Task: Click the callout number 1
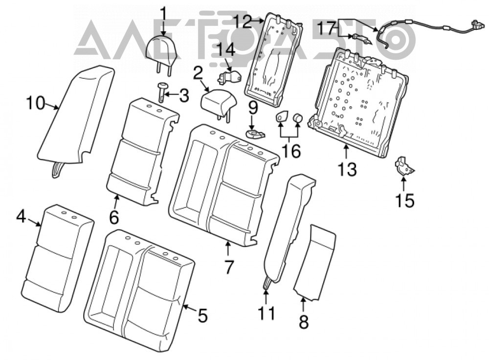point(164,14)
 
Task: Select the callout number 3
point(184,95)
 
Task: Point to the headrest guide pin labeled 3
point(162,92)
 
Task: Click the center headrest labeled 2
point(218,103)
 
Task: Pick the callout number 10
point(36,103)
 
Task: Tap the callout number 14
point(225,49)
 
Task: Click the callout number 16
point(290,151)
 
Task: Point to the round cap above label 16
point(298,118)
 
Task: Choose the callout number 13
point(347,170)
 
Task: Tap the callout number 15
point(405,200)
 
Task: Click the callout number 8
point(304,322)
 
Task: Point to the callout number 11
point(267,313)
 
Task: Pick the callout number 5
point(202,315)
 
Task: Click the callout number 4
point(21,216)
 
